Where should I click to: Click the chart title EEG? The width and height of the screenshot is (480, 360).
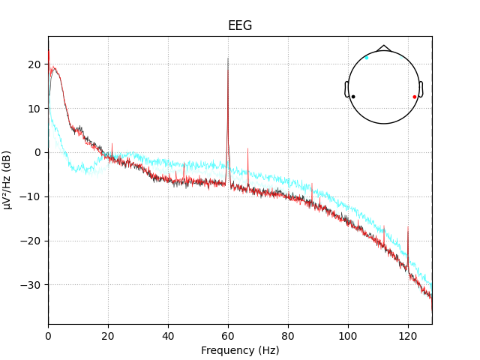point(240,26)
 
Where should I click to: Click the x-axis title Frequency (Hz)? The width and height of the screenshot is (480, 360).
point(240,350)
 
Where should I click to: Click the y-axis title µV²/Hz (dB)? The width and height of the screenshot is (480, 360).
point(7,180)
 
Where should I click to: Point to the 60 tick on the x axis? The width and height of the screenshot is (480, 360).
point(228,324)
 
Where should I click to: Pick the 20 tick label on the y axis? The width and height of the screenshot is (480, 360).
point(34,64)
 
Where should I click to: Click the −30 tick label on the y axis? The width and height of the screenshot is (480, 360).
point(31,285)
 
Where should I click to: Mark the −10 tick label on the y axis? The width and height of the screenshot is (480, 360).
point(31,196)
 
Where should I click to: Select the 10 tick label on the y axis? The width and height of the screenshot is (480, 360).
point(34,109)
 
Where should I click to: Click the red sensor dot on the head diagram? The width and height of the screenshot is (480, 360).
point(414,97)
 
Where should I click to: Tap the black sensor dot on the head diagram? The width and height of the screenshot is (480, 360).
point(353,97)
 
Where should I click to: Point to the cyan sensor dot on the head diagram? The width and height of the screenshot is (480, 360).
point(367,58)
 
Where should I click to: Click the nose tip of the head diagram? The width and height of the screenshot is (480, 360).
point(384,46)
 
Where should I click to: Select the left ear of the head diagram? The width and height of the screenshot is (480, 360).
point(346,89)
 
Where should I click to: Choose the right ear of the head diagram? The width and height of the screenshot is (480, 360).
point(421,89)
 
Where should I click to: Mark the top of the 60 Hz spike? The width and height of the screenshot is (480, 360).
point(228,58)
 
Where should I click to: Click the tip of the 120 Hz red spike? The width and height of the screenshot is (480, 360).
point(408,226)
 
